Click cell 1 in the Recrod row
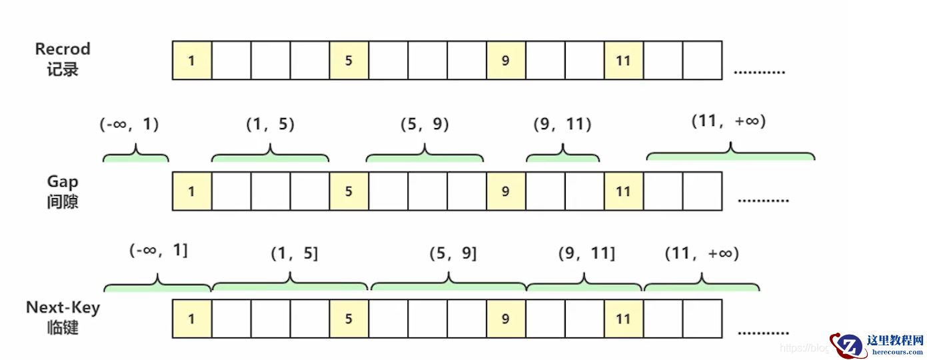(x=192, y=61)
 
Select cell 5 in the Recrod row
(x=349, y=61)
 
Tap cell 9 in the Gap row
(x=506, y=191)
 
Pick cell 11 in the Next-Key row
(x=624, y=319)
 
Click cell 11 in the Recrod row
(x=624, y=61)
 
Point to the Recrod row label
(x=63, y=59)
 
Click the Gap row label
(x=63, y=191)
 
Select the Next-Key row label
(x=63, y=317)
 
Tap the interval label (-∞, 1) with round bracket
(x=130, y=124)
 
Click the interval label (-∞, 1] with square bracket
(x=159, y=251)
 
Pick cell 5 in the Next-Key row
(x=349, y=319)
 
